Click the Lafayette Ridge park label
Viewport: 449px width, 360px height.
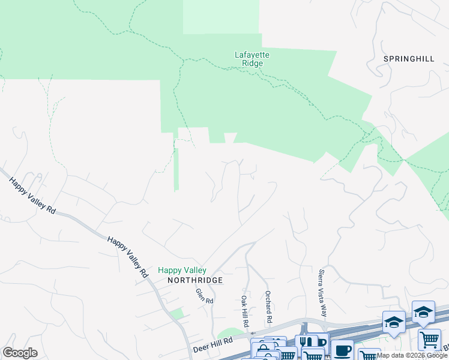click(x=252, y=59)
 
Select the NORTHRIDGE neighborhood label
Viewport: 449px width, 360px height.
click(x=195, y=280)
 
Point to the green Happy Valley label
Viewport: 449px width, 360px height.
click(x=182, y=271)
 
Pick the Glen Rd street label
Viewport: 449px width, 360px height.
click(x=204, y=296)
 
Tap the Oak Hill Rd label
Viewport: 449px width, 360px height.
click(x=245, y=311)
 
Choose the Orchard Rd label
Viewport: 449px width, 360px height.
click(x=270, y=305)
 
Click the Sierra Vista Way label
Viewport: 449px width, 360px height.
click(x=323, y=293)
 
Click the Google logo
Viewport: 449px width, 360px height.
click(x=20, y=353)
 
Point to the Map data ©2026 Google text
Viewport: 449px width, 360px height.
click(x=412, y=355)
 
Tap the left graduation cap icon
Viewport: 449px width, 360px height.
click(x=394, y=322)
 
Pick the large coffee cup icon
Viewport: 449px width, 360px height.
click(x=343, y=350)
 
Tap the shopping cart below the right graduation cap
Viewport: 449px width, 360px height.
click(x=429, y=340)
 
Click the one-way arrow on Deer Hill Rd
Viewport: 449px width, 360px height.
click(x=253, y=334)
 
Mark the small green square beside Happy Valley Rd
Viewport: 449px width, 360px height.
click(x=176, y=314)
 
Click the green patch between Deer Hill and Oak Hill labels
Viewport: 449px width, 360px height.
click(x=228, y=334)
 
